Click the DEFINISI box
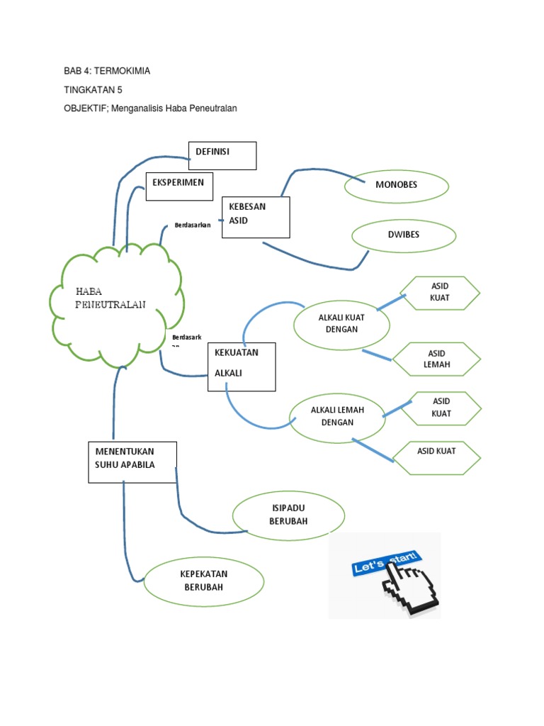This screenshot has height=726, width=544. pyautogui.click(x=222, y=156)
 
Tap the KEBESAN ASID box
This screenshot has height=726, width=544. pyautogui.click(x=256, y=217)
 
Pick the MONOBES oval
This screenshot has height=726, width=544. pyautogui.click(x=397, y=186)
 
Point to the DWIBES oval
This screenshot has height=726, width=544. pyautogui.click(x=404, y=235)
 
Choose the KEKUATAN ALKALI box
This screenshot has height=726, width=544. pyautogui.click(x=241, y=365)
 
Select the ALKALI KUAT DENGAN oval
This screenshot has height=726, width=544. pyautogui.click(x=342, y=324)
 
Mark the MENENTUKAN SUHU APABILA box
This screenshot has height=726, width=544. pyautogui.click(x=132, y=462)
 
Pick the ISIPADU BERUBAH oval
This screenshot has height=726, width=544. pyautogui.click(x=288, y=515)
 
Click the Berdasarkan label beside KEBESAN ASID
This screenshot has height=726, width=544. pyautogui.click(x=193, y=225)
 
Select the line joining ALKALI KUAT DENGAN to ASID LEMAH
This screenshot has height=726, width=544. pyautogui.click(x=376, y=355)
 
